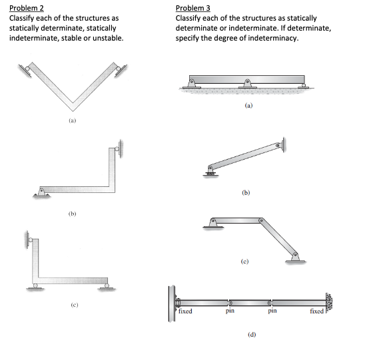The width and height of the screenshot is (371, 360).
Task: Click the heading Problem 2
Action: [27, 8]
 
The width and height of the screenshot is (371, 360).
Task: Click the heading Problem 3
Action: [193, 8]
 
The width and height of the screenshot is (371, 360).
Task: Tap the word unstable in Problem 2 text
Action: [108, 38]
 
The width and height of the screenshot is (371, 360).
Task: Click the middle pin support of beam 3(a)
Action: [247, 84]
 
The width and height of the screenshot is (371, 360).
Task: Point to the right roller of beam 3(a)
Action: [303, 86]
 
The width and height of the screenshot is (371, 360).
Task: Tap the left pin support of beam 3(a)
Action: [192, 84]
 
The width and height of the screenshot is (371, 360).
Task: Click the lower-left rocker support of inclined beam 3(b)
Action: [210, 171]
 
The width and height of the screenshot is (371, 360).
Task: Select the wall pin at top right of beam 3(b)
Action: [280, 145]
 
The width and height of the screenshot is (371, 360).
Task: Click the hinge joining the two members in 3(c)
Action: [260, 220]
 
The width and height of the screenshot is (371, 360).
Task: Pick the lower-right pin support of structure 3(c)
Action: [295, 258]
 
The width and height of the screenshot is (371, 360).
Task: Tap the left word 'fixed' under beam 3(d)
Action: [185, 311]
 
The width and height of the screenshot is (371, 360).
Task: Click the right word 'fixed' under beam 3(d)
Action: [317, 311]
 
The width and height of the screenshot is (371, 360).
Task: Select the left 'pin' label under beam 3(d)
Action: [230, 311]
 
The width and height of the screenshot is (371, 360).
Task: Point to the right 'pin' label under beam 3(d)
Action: [272, 311]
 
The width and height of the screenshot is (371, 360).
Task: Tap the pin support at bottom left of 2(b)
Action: [42, 192]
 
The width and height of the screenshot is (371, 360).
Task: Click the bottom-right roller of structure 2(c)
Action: [107, 287]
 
